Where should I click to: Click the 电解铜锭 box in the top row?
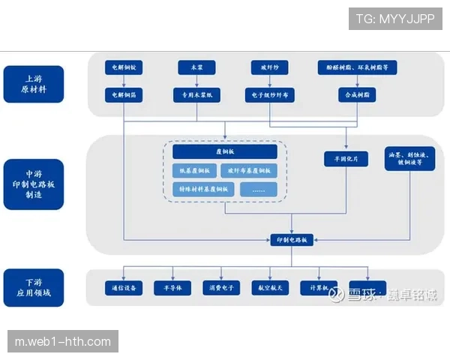[124, 67]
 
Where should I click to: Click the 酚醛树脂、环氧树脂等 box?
[357, 67]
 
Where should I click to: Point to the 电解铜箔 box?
[124, 95]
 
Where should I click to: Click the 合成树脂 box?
[357, 95]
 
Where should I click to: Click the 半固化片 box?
[346, 159]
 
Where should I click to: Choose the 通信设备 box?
[124, 288]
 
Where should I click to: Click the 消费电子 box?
[221, 288]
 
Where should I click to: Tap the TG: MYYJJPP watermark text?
[395, 18]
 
